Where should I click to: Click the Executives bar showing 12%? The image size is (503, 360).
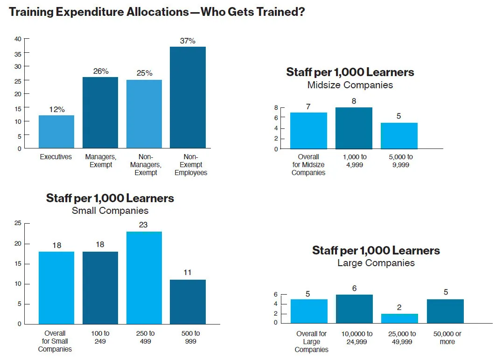tap(56, 132)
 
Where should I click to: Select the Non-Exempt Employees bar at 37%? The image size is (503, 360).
tap(188, 98)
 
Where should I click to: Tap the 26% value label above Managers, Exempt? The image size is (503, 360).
tap(100, 71)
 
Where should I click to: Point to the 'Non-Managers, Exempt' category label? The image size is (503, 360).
tap(144, 165)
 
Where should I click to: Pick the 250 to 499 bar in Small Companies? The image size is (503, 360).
tap(144, 277)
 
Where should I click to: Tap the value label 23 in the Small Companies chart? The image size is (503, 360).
tap(143, 225)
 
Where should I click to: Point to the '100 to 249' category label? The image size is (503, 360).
tap(100, 338)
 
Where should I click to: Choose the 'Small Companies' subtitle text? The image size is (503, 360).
tap(110, 211)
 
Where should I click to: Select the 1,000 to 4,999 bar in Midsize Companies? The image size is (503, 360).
tap(354, 128)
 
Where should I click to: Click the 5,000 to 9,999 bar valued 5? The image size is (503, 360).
tap(399, 135)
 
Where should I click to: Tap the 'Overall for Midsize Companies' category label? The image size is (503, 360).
tap(308, 165)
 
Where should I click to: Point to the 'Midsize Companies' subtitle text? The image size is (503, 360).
tap(350, 85)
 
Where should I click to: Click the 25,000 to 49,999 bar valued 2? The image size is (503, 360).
tap(399, 318)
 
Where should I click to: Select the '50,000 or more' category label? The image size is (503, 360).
tap(447, 338)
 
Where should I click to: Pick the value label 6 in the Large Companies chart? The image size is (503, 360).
tap(354, 289)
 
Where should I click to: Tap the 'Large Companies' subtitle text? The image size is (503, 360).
tap(376, 263)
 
